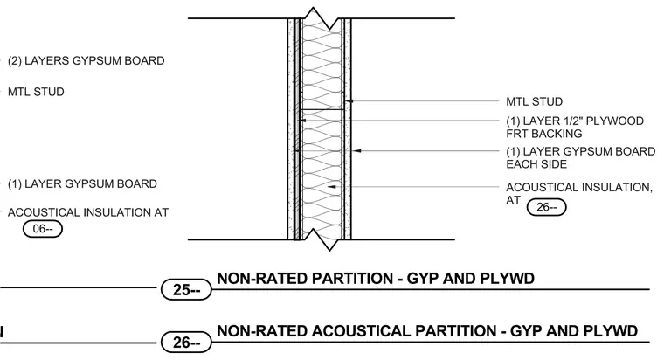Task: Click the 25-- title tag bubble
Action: pyautogui.click(x=186, y=290)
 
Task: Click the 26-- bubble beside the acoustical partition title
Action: pyautogui.click(x=186, y=343)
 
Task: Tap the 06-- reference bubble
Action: pyautogui.click(x=42, y=229)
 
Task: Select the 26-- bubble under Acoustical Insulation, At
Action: pyautogui.click(x=546, y=207)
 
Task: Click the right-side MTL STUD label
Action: pyautogui.click(x=535, y=101)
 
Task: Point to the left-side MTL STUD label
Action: pyautogui.click(x=36, y=92)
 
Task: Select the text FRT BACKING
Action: pyautogui.click(x=544, y=134)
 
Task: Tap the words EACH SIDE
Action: pyautogui.click(x=536, y=164)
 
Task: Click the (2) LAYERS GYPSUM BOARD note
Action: pyautogui.click(x=86, y=61)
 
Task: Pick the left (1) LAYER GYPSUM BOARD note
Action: pyautogui.click(x=83, y=184)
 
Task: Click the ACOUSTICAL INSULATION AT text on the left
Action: pyautogui.click(x=88, y=212)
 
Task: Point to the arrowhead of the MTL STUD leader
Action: pyautogui.click(x=349, y=101)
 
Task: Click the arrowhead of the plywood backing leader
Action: pyautogui.click(x=303, y=121)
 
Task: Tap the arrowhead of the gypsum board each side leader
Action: pyautogui.click(x=356, y=151)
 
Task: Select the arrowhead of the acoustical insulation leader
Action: pyautogui.click(x=332, y=187)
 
